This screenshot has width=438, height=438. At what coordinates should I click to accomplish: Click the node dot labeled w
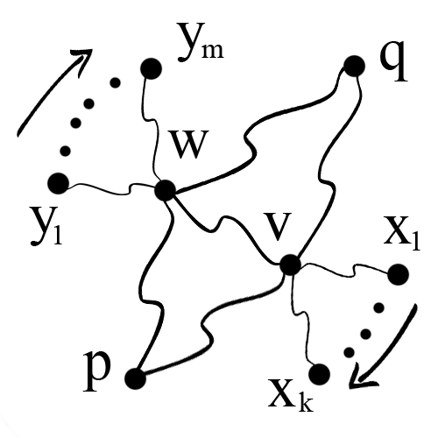tap(166, 190)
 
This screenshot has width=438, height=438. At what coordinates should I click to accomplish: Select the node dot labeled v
tap(290, 265)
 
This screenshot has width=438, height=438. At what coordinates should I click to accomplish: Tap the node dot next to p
tap(135, 378)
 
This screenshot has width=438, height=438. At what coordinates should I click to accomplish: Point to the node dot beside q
tap(354, 66)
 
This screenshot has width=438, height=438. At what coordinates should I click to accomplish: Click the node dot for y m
tap(151, 68)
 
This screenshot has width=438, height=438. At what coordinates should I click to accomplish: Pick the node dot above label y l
tap(59, 183)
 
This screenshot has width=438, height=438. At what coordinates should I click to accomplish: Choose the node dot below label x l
tap(398, 274)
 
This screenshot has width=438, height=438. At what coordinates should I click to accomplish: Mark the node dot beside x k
tap(319, 374)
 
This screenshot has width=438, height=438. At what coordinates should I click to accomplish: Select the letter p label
tap(97, 371)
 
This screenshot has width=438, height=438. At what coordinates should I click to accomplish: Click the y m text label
tap(201, 44)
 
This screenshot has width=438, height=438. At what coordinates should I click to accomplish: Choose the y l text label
tap(46, 226)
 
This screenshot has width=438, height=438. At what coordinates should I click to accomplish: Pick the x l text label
tap(402, 234)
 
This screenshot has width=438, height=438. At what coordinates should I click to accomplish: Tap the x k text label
tap(291, 395)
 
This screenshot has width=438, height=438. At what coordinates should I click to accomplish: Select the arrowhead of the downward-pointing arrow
tap(361, 378)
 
